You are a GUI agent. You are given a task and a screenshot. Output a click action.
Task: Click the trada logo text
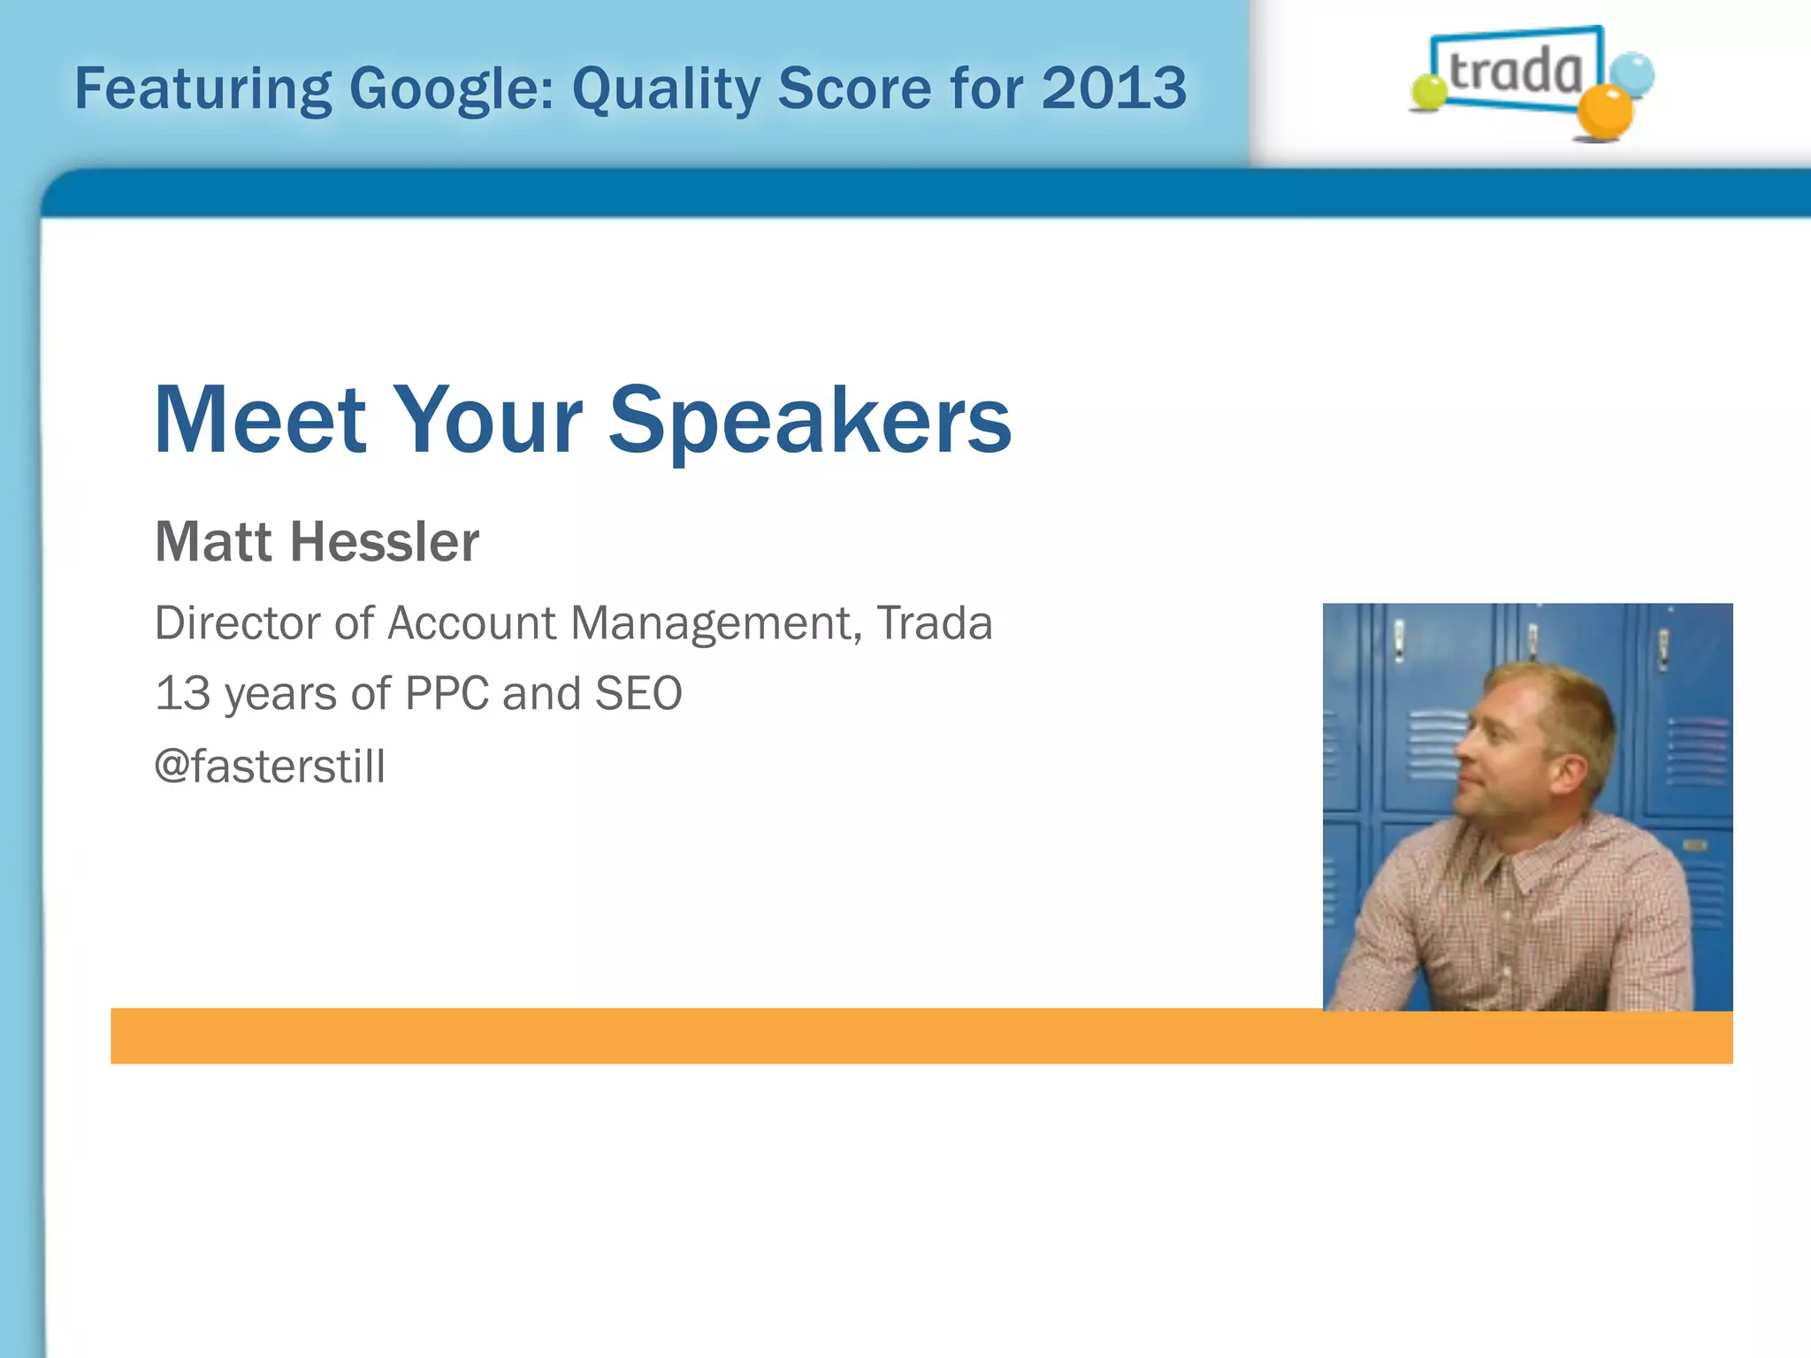pyautogui.click(x=1516, y=71)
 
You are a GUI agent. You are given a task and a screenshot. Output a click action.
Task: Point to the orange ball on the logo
pyautogui.click(x=1605, y=112)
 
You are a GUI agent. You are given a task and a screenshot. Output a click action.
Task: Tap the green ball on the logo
pyautogui.click(x=1428, y=92)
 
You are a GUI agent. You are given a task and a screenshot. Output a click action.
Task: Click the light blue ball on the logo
pyautogui.click(x=1631, y=74)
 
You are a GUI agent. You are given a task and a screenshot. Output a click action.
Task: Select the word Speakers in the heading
pyautogui.click(x=809, y=422)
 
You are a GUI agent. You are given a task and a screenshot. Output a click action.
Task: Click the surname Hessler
pyautogui.click(x=385, y=541)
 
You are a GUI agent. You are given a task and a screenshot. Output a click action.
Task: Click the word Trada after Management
pyautogui.click(x=935, y=622)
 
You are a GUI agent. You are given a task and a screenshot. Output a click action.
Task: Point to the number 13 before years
pyautogui.click(x=182, y=693)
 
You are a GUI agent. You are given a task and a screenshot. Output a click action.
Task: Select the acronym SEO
pyautogui.click(x=638, y=693)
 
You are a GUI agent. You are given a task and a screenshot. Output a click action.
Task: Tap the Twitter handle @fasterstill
pyautogui.click(x=270, y=766)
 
